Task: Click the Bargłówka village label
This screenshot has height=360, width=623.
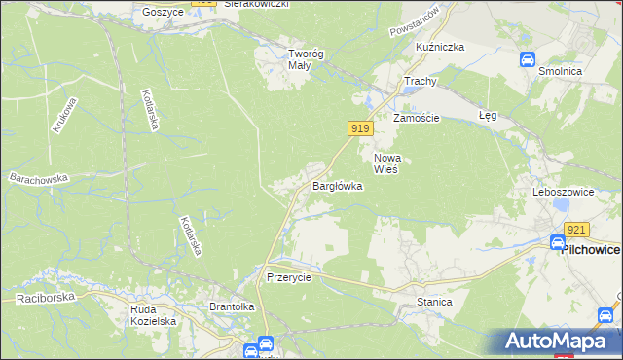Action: click(x=337, y=185)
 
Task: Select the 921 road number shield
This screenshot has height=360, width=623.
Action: click(x=577, y=230)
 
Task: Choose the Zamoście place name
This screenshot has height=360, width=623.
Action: click(x=417, y=118)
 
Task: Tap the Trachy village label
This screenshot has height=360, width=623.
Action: click(x=421, y=81)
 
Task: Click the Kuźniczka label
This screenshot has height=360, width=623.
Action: click(x=440, y=47)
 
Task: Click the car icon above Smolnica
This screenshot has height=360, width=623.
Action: click(x=528, y=59)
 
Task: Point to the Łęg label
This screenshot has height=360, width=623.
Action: click(x=489, y=115)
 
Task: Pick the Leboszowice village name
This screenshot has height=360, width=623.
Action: click(x=563, y=192)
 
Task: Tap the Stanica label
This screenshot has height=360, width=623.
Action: click(x=434, y=302)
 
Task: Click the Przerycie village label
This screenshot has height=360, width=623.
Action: click(x=288, y=276)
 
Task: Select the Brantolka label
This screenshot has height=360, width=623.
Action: click(x=232, y=306)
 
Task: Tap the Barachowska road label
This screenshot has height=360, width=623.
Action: click(x=39, y=178)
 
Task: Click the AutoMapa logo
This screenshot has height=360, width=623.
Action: click(x=557, y=342)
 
